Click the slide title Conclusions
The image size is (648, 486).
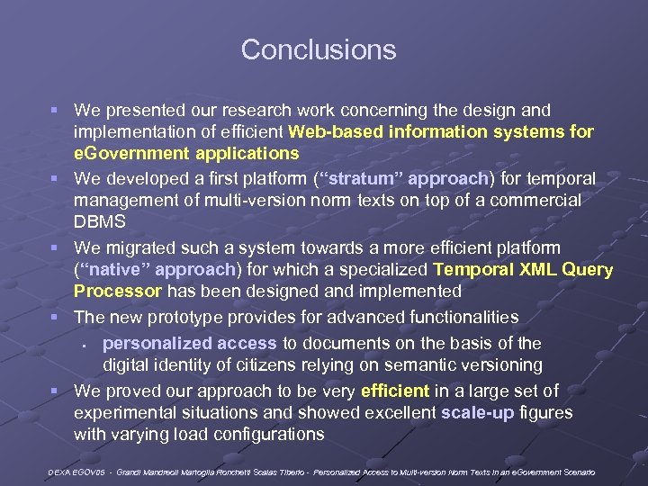[319, 49]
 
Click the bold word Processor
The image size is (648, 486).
[117, 291]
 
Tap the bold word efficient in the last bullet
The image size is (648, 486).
[395, 391]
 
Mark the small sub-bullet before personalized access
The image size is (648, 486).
[82, 345]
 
